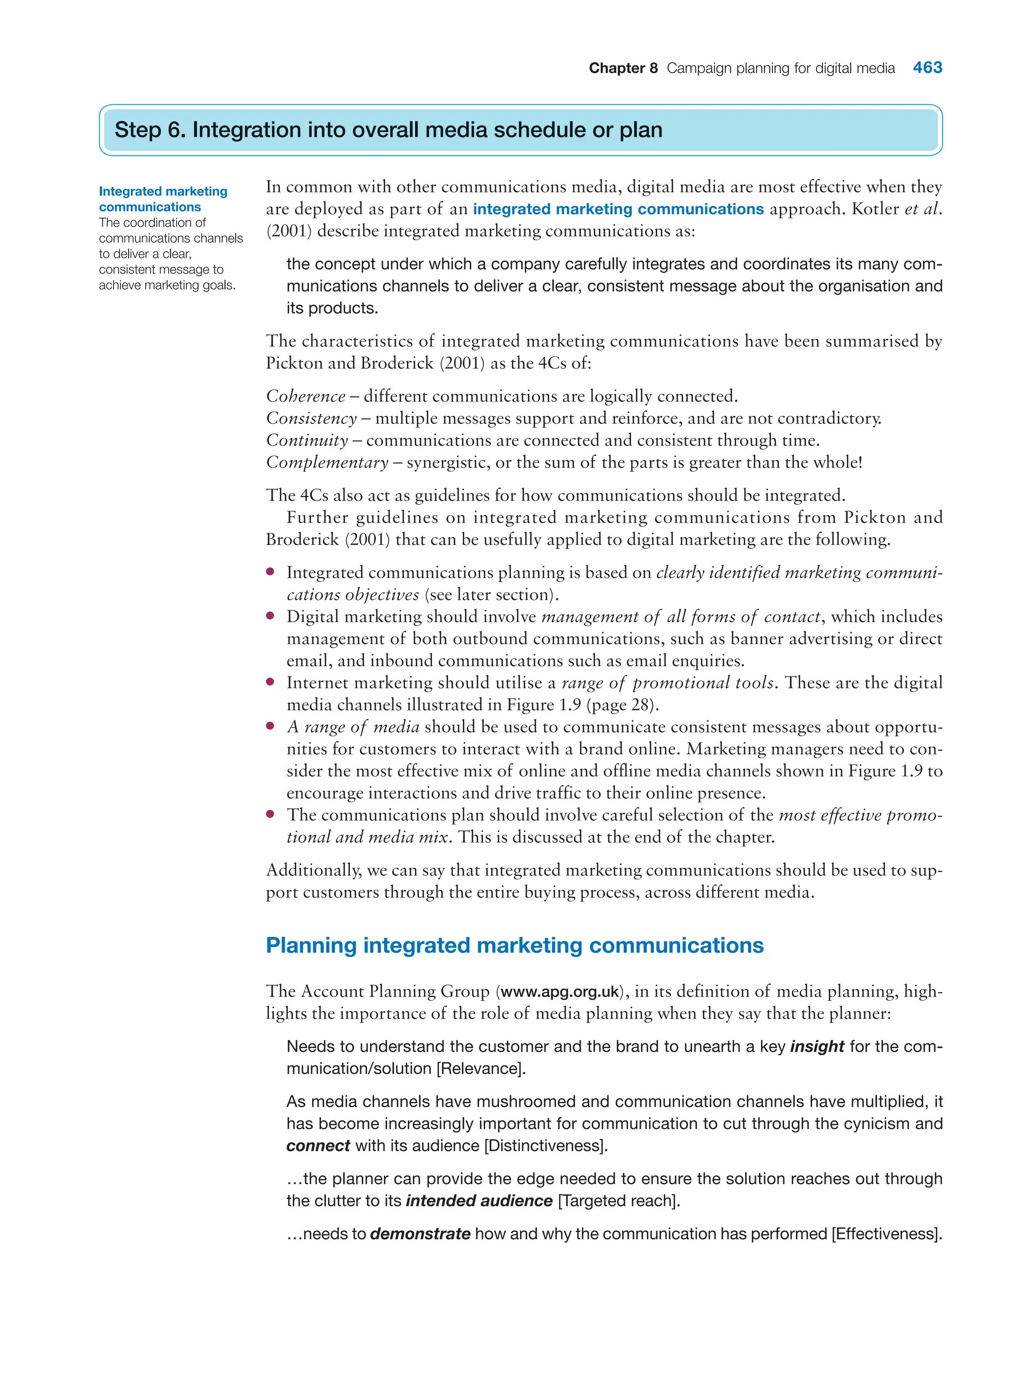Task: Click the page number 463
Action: [927, 67]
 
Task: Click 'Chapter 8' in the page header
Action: [623, 68]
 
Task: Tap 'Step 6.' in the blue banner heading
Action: [149, 130]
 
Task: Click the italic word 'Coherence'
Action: [305, 396]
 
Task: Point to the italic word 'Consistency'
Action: [311, 418]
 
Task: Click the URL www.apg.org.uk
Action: [559, 992]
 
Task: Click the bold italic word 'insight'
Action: [816, 1046]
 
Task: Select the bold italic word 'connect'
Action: [317, 1146]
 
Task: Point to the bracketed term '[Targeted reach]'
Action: [618, 1200]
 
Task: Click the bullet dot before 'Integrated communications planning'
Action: [270, 572]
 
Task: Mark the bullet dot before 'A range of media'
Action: [270, 726]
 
